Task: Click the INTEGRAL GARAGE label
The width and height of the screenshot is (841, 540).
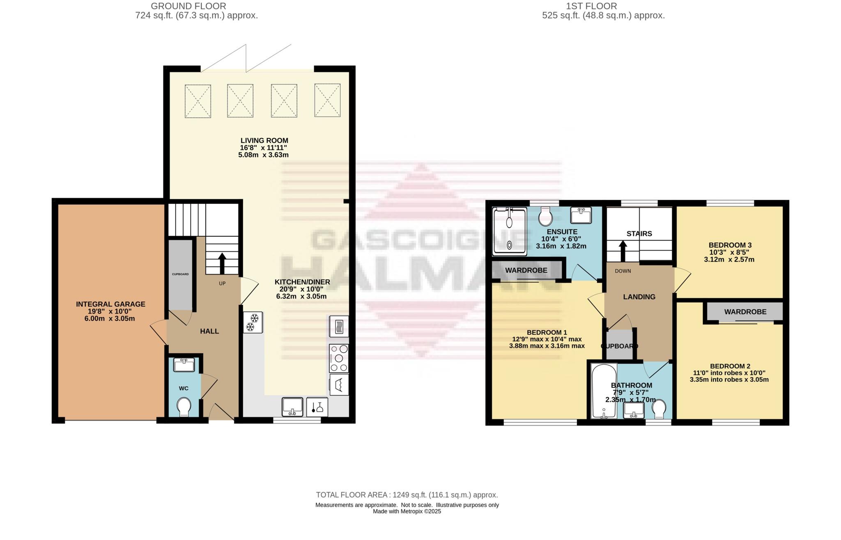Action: (x=110, y=304)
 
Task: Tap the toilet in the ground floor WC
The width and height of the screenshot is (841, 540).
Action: (x=184, y=407)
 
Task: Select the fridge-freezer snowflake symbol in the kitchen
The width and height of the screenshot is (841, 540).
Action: (x=253, y=323)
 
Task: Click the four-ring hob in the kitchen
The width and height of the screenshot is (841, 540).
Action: (x=339, y=358)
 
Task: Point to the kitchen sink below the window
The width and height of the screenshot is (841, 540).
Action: (x=292, y=406)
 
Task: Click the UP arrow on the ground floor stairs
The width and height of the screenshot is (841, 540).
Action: (x=222, y=263)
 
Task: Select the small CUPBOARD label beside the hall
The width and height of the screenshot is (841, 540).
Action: (x=180, y=274)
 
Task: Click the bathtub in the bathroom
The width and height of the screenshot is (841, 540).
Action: (x=603, y=391)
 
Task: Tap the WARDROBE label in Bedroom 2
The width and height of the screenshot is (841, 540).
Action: (x=745, y=312)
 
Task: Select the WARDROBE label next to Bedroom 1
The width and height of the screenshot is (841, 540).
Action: (x=526, y=270)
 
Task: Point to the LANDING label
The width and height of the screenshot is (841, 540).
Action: (x=639, y=297)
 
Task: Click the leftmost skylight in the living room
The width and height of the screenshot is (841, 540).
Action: (x=198, y=101)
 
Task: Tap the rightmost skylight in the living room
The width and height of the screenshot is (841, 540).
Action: (x=327, y=100)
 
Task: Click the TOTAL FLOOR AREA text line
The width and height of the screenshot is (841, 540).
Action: (x=407, y=495)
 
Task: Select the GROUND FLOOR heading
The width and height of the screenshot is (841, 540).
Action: (x=188, y=6)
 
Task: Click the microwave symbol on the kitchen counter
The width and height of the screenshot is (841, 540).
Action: (x=339, y=326)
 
